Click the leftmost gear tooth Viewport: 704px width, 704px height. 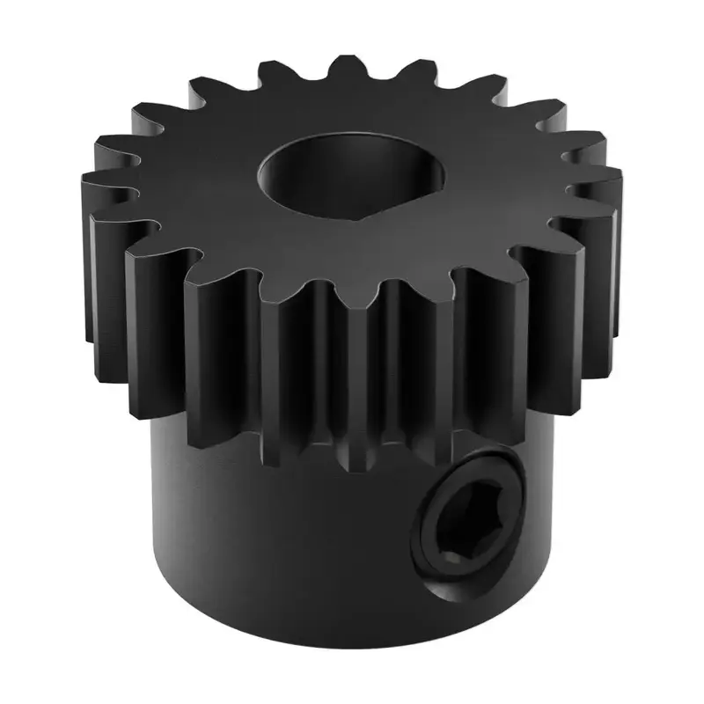[92, 189]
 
